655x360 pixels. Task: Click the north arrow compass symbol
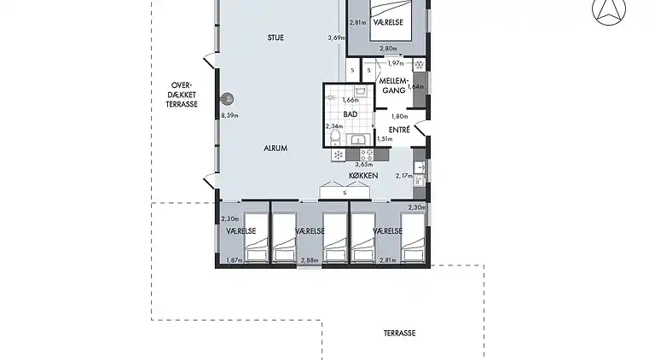pyautogui.click(x=609, y=10)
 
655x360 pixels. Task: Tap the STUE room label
pyautogui.click(x=275, y=38)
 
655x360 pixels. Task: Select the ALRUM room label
pyautogui.click(x=275, y=148)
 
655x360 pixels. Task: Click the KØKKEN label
pyautogui.click(x=363, y=176)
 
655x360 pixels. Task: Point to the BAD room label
pyautogui.click(x=350, y=114)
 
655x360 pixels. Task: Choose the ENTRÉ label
pyautogui.click(x=399, y=130)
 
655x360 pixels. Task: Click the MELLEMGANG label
pyautogui.click(x=392, y=85)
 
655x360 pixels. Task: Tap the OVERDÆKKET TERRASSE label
pyautogui.click(x=182, y=95)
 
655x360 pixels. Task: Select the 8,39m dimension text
pyautogui.click(x=229, y=116)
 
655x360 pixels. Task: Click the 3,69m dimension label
pyautogui.click(x=337, y=38)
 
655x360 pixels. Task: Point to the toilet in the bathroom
pyautogui.click(x=335, y=138)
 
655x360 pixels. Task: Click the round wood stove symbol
pyautogui.click(x=228, y=100)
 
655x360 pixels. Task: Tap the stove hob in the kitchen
pyautogui.click(x=367, y=155)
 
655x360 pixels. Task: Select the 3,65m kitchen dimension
pyautogui.click(x=364, y=165)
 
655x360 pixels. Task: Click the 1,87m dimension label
pyautogui.click(x=235, y=260)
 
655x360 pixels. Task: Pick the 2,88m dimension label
pyautogui.click(x=310, y=260)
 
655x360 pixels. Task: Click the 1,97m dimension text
pyautogui.click(x=396, y=63)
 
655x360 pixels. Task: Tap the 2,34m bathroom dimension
pyautogui.click(x=334, y=126)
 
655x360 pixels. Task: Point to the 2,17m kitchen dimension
pyautogui.click(x=404, y=176)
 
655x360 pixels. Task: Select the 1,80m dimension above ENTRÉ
pyautogui.click(x=399, y=117)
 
